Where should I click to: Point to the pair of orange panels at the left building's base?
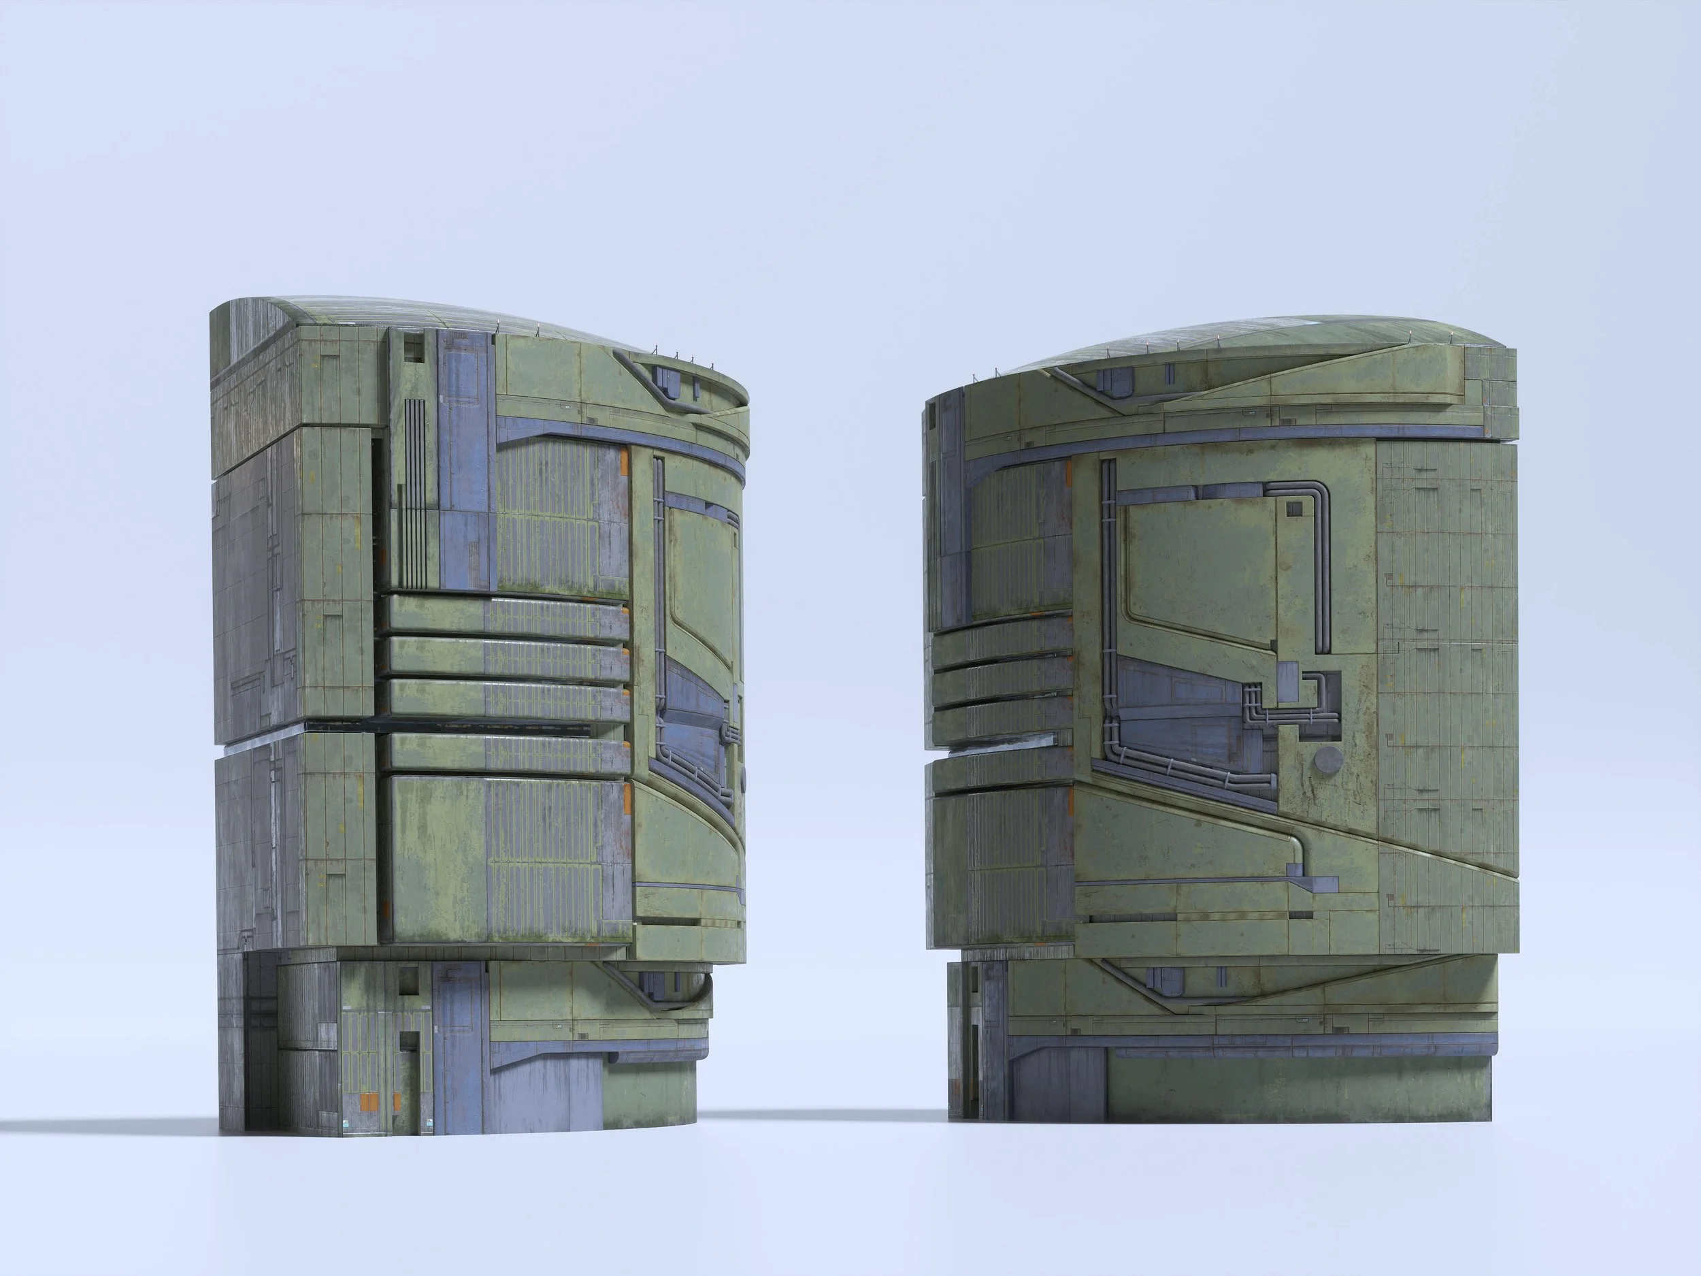tap(370, 1102)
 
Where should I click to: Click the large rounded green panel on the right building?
tap(1200, 569)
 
